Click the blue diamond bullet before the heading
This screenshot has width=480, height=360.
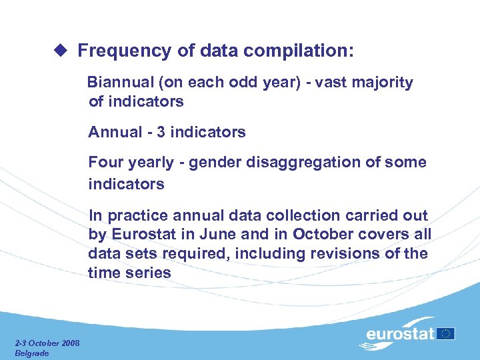[61, 51]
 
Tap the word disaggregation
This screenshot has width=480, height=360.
[306, 163]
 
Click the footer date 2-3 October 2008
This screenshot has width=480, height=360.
[47, 343]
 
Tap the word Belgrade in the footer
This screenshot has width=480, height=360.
[32, 353]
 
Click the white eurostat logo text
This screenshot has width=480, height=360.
[400, 334]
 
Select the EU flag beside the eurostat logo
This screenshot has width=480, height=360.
[447, 333]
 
